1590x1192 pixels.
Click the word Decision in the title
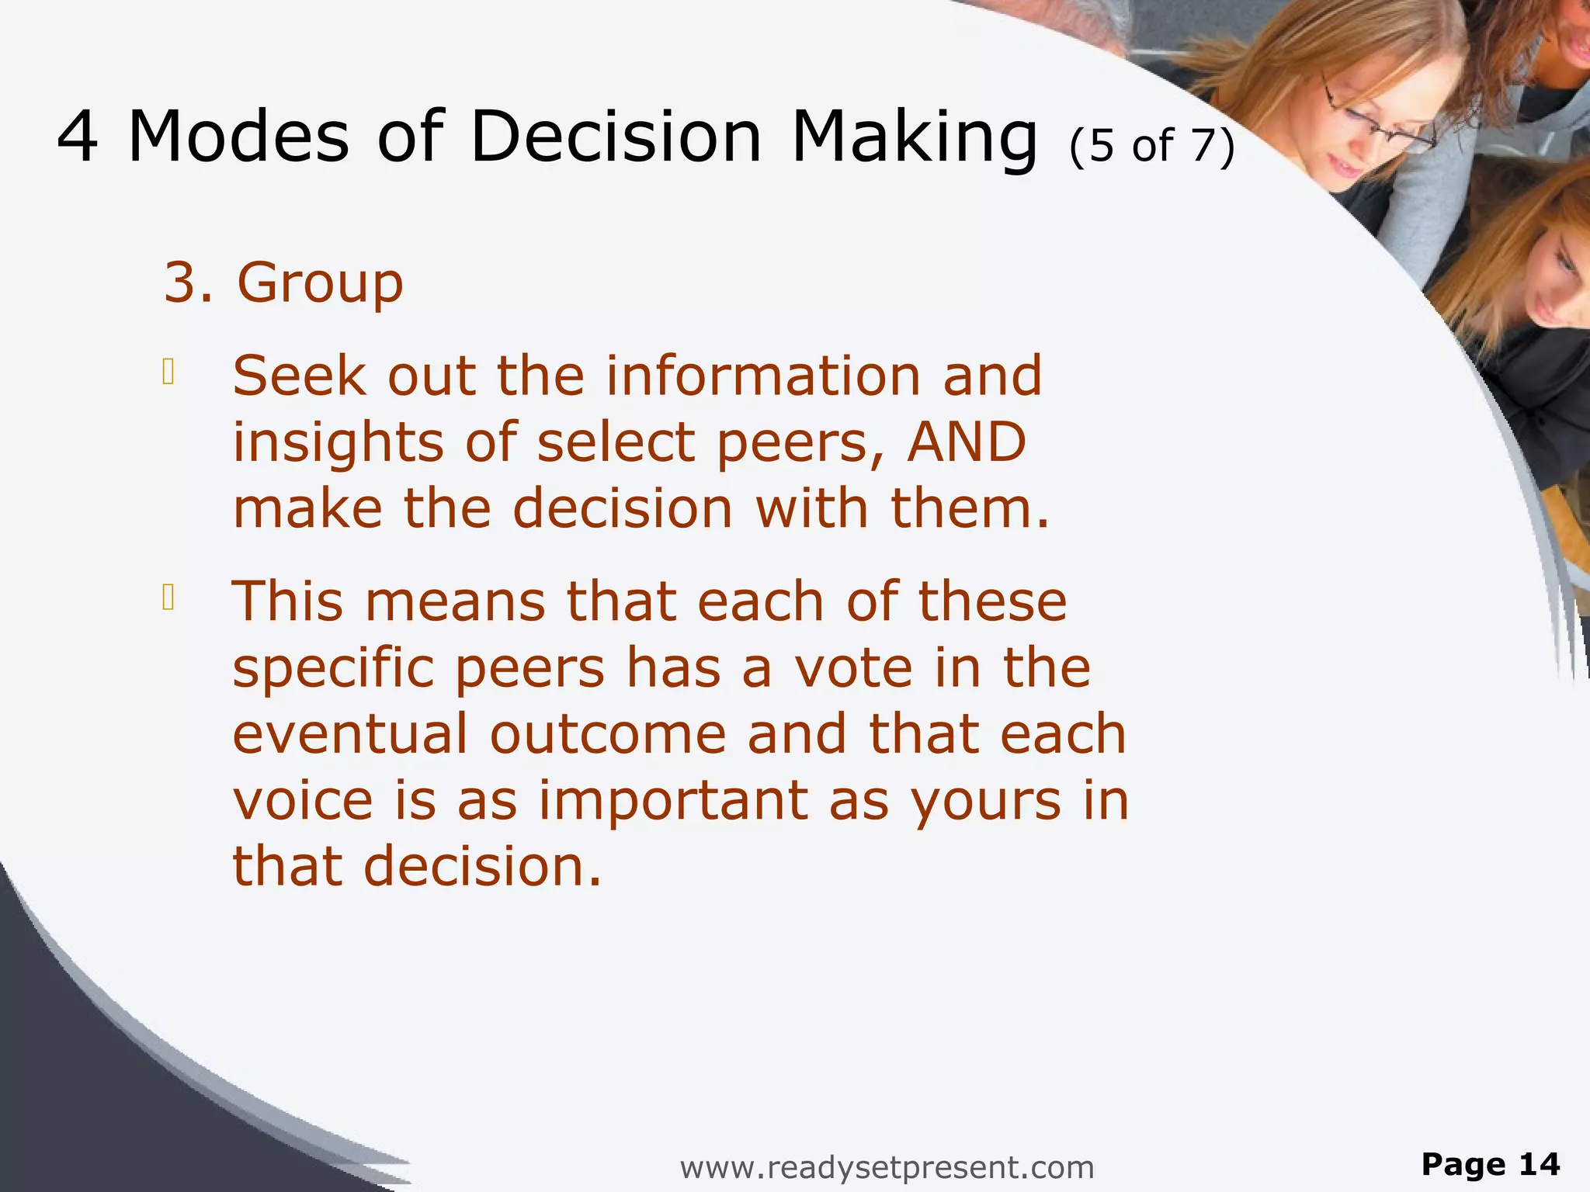coord(616,137)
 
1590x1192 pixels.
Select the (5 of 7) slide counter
coord(1151,146)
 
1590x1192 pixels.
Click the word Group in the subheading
coord(320,282)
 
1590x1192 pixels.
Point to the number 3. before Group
coord(188,282)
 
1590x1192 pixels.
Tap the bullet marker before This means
coord(168,598)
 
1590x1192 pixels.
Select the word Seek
coord(299,376)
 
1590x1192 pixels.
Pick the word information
coord(763,376)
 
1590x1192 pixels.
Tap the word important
coord(674,802)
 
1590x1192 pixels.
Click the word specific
coord(333,669)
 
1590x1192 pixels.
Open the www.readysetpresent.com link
coord(887,1166)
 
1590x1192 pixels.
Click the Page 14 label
coord(1490,1164)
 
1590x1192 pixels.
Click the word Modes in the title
coord(238,137)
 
